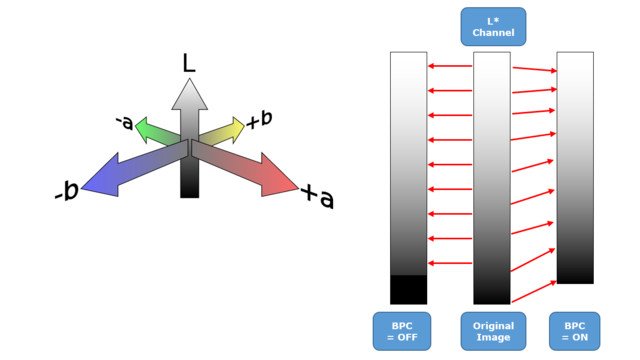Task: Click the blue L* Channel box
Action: (491, 26)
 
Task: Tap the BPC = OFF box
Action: (408, 331)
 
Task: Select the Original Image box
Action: (491, 331)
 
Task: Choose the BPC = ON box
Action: (575, 331)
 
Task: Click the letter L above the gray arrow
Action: (188, 63)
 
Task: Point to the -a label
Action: (124, 122)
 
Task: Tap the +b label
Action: (258, 120)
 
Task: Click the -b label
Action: (66, 191)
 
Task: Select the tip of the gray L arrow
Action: (189, 79)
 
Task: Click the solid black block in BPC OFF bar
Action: (408, 289)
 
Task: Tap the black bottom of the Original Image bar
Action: (491, 296)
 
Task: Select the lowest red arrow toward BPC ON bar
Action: (532, 291)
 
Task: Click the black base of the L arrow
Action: (189, 185)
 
